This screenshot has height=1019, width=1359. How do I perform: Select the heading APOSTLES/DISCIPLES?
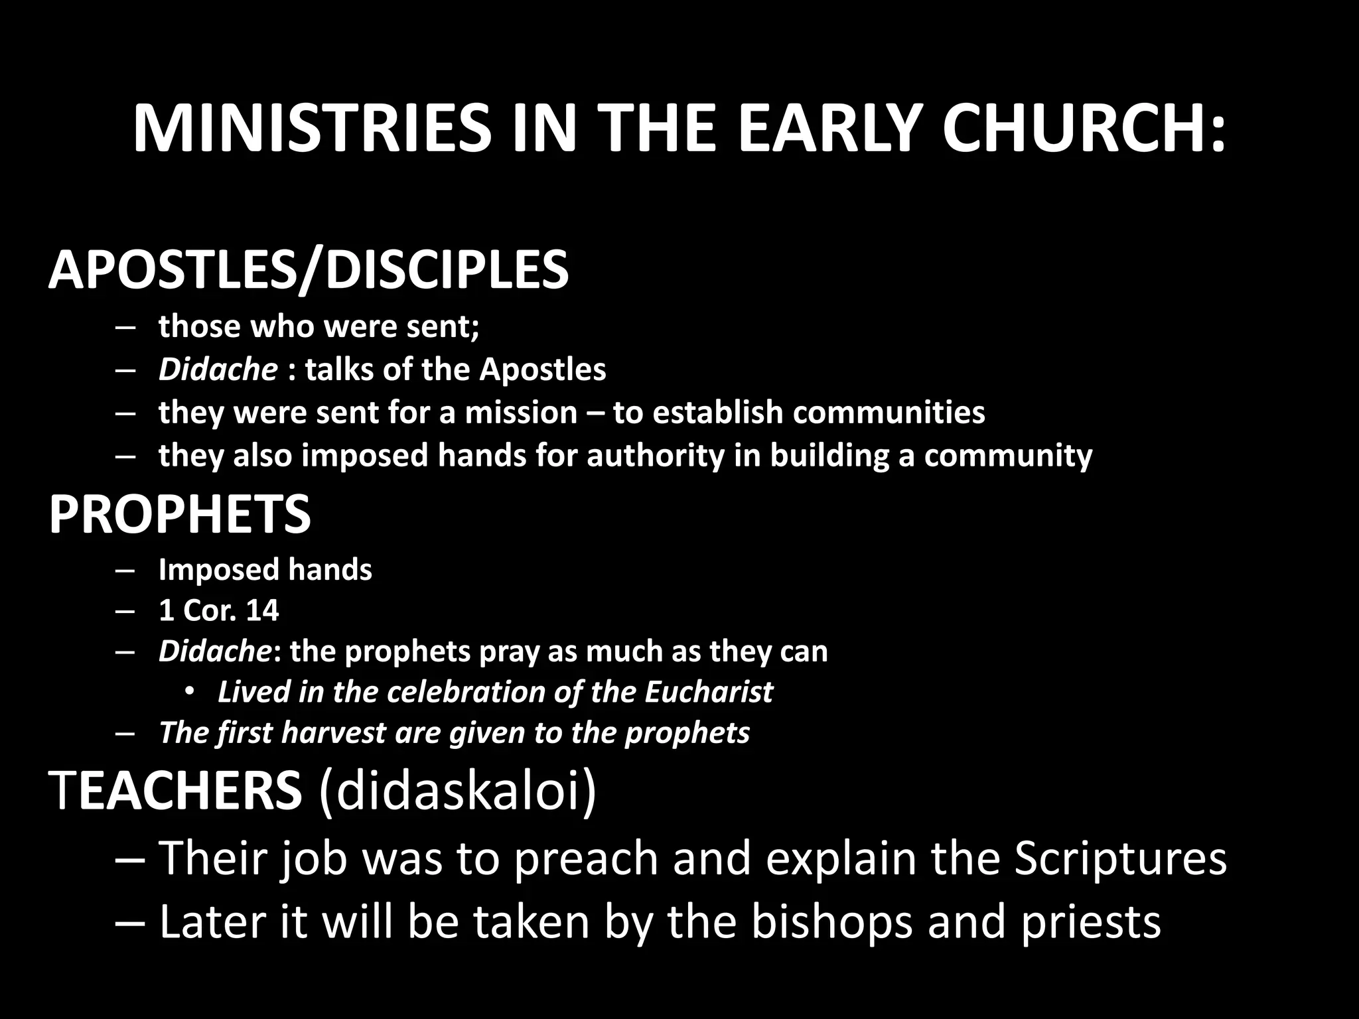pos(309,270)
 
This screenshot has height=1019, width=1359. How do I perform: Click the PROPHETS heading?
pos(180,514)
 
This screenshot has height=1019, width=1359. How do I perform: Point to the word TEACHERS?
pos(175,790)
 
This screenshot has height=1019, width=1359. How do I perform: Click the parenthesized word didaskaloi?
pos(457,790)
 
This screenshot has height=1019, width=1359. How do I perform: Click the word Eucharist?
pos(708,692)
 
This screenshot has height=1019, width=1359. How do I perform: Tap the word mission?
pos(521,413)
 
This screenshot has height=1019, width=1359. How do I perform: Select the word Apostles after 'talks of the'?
pos(543,370)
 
